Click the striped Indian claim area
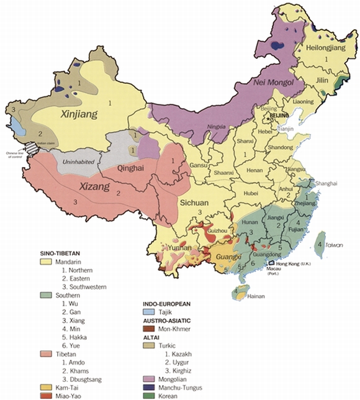tap(30, 149)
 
